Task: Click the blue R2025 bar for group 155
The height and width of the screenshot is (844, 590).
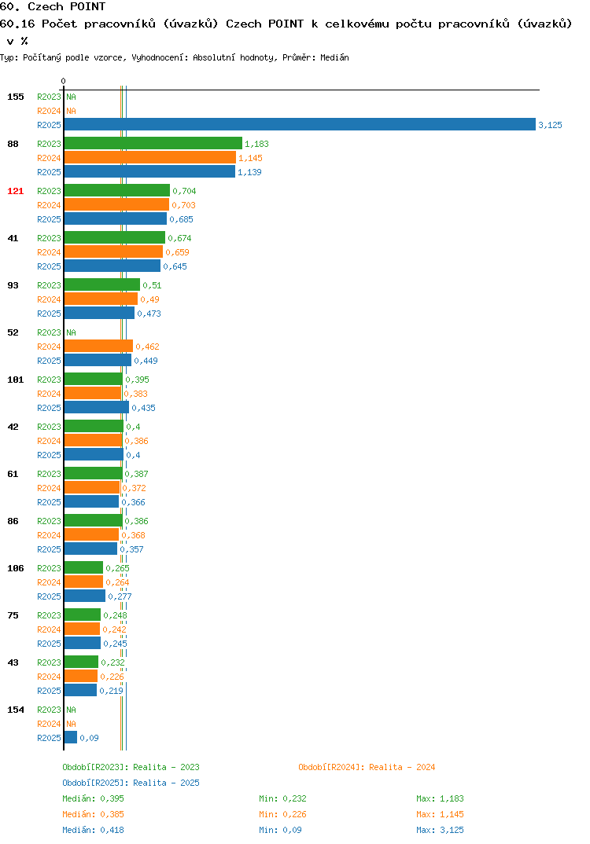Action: tap(300, 124)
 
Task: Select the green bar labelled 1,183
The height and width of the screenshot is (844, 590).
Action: tap(153, 143)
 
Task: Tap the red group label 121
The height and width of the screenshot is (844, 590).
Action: tap(16, 191)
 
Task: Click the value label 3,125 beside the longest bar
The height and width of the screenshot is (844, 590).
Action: tap(550, 125)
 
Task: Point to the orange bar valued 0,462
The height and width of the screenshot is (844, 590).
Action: tap(98, 346)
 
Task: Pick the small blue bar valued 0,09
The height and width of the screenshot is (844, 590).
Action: tap(71, 737)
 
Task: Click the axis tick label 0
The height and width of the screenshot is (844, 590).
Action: tap(64, 81)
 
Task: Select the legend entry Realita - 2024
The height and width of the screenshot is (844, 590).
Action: tap(367, 767)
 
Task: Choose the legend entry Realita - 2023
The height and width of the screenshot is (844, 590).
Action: tap(131, 767)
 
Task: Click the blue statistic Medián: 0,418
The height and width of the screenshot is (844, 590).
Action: tap(93, 830)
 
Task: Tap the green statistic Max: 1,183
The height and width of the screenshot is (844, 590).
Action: tap(440, 798)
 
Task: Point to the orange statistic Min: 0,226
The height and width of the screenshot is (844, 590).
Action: tap(282, 814)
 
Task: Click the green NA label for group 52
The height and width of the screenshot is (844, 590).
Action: tap(71, 332)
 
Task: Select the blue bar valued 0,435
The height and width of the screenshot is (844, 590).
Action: tap(97, 408)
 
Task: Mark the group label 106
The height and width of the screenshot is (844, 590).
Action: tap(16, 568)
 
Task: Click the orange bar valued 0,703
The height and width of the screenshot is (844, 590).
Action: tap(117, 204)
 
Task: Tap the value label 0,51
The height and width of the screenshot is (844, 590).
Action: tap(152, 285)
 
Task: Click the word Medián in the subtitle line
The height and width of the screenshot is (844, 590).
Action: tap(334, 57)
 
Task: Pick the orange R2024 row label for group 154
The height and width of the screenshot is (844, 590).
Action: tap(49, 724)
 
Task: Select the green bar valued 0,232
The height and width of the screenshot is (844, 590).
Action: tap(81, 662)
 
